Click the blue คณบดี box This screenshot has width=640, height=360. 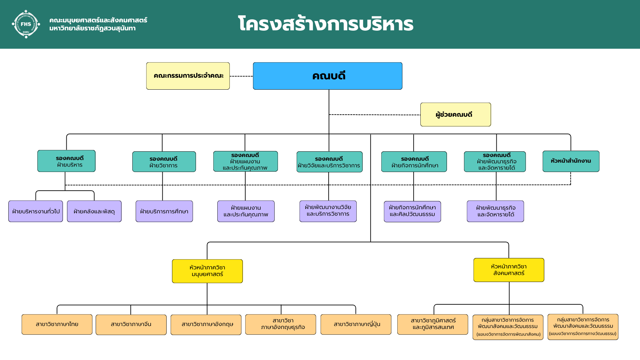[327, 76]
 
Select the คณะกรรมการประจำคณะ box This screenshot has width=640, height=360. [188, 76]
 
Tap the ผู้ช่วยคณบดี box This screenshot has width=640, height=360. [455, 115]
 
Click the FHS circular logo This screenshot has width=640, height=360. [26, 24]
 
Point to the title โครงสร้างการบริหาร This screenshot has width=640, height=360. [326, 24]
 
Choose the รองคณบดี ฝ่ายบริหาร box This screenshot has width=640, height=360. [66, 161]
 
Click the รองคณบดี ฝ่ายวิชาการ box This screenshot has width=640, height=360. [164, 162]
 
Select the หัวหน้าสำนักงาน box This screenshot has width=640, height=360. [571, 161]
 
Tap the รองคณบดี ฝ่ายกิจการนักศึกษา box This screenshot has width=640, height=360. [414, 162]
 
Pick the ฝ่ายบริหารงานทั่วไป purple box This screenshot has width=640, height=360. [36, 211]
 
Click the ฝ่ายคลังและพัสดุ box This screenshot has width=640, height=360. [94, 211]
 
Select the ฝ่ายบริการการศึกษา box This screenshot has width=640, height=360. [164, 211]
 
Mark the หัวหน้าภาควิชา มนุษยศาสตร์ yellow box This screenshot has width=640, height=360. [207, 271]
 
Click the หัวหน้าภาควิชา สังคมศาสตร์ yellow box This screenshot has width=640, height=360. [509, 270]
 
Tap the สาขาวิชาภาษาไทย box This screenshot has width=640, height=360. [57, 324]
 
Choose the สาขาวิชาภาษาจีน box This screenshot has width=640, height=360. [131, 325]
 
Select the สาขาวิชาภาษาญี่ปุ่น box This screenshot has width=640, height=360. [356, 324]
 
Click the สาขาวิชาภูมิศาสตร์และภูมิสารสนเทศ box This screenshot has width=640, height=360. [433, 324]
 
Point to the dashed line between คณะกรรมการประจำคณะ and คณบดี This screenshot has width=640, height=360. [241, 76]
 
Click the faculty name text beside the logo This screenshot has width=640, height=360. [98, 24]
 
